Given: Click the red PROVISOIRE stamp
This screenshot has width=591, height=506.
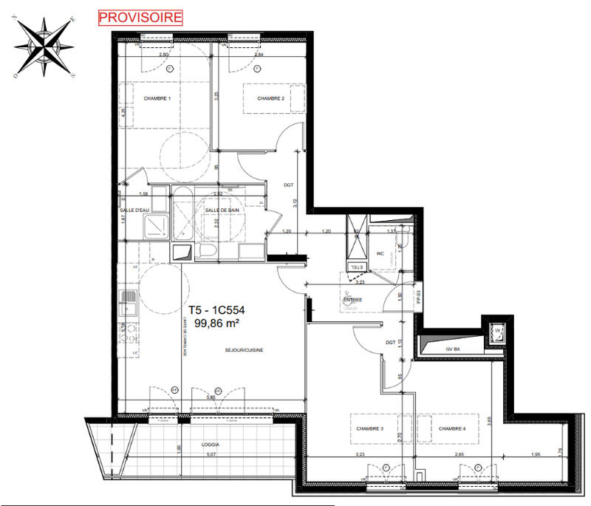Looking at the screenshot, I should point(138,17).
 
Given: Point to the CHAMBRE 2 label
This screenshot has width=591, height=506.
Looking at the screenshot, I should point(271,99).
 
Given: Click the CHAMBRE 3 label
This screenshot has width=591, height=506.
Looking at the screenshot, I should point(372,429).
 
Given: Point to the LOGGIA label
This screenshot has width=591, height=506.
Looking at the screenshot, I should point(211,445).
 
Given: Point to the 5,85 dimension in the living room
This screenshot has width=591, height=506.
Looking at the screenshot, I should point(212,398).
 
